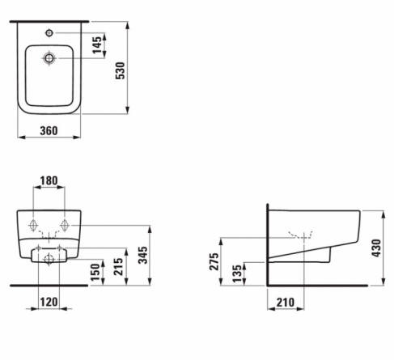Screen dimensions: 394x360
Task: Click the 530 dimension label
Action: coord(121,70)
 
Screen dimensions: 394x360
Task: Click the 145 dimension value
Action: coord(97,44)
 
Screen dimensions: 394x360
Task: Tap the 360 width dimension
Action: coord(49,131)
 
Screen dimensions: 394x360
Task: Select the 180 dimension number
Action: coord(49,180)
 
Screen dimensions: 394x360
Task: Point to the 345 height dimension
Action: coord(143,255)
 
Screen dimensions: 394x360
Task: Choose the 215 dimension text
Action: coord(118,267)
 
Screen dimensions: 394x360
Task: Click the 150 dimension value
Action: coord(95,273)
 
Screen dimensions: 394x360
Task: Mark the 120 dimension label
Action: coord(49,302)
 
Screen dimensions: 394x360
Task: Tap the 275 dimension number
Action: coord(214,261)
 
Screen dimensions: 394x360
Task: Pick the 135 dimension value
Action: coord(238,273)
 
